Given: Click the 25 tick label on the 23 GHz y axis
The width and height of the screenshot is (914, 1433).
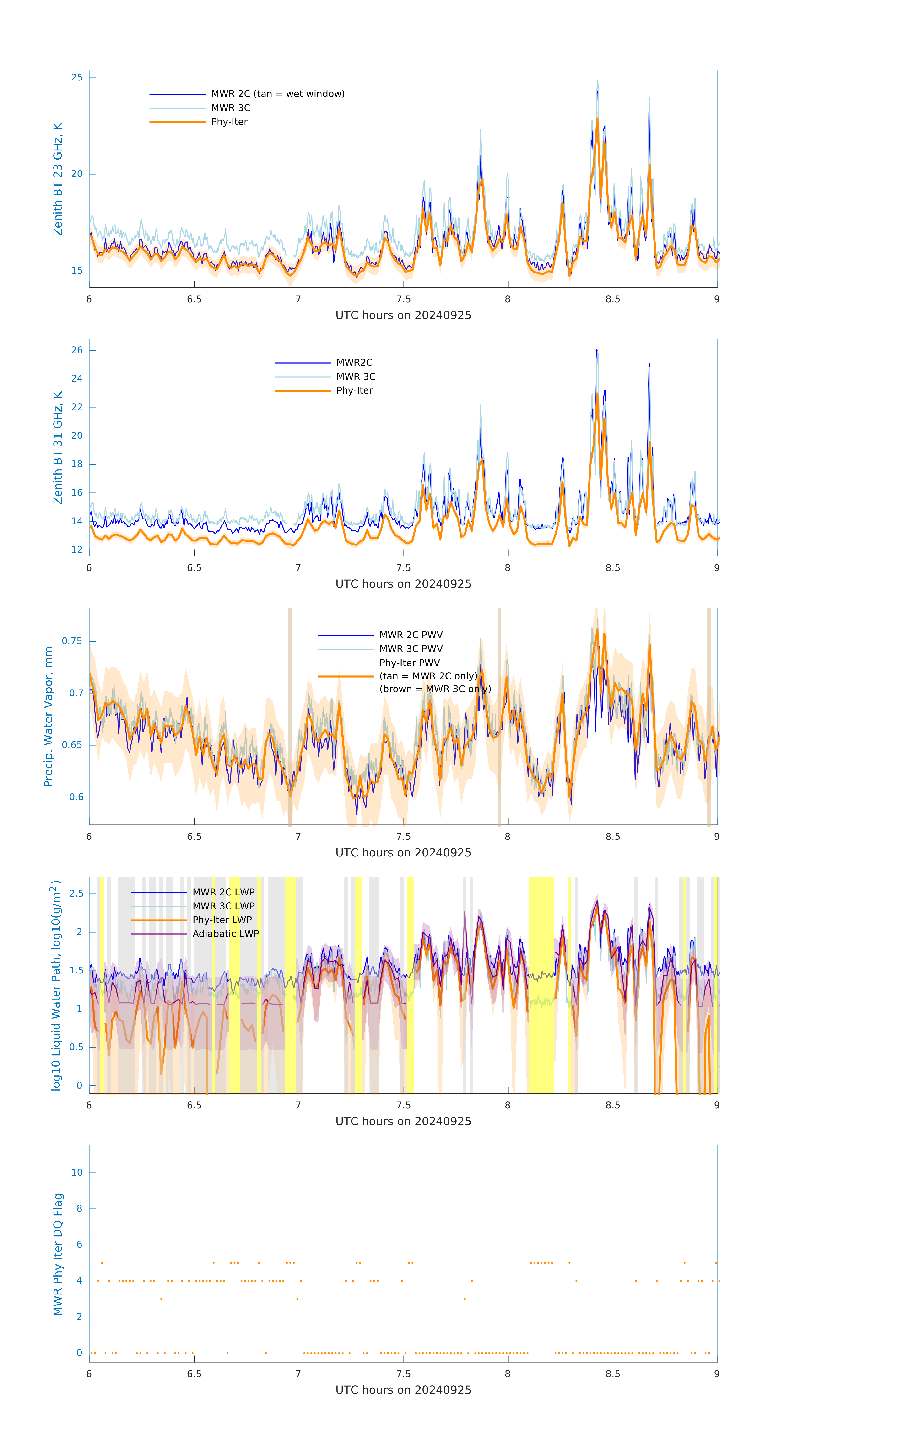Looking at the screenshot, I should (x=77, y=77).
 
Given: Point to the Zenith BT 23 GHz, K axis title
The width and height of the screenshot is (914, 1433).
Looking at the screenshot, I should (x=58, y=179).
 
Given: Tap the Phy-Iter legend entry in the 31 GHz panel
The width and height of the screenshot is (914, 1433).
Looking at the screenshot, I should (x=354, y=390).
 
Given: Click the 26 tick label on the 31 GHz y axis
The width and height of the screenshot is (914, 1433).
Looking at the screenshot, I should (x=77, y=350).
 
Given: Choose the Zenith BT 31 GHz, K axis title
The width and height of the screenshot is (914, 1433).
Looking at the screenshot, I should (x=58, y=448).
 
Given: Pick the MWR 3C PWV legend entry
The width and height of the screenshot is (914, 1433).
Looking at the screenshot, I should (x=411, y=649).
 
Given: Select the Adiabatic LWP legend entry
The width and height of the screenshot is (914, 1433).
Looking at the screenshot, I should (x=226, y=934).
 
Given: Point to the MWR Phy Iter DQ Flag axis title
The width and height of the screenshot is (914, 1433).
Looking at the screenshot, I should (x=58, y=1254).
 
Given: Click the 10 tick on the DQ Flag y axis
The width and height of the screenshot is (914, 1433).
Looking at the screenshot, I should (x=77, y=1172).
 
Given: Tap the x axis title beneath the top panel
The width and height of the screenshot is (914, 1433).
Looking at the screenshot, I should (x=403, y=315).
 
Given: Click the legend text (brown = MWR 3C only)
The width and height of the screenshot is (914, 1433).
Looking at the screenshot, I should (x=435, y=689).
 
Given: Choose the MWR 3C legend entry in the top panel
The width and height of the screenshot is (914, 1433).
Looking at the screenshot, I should (x=230, y=108).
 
